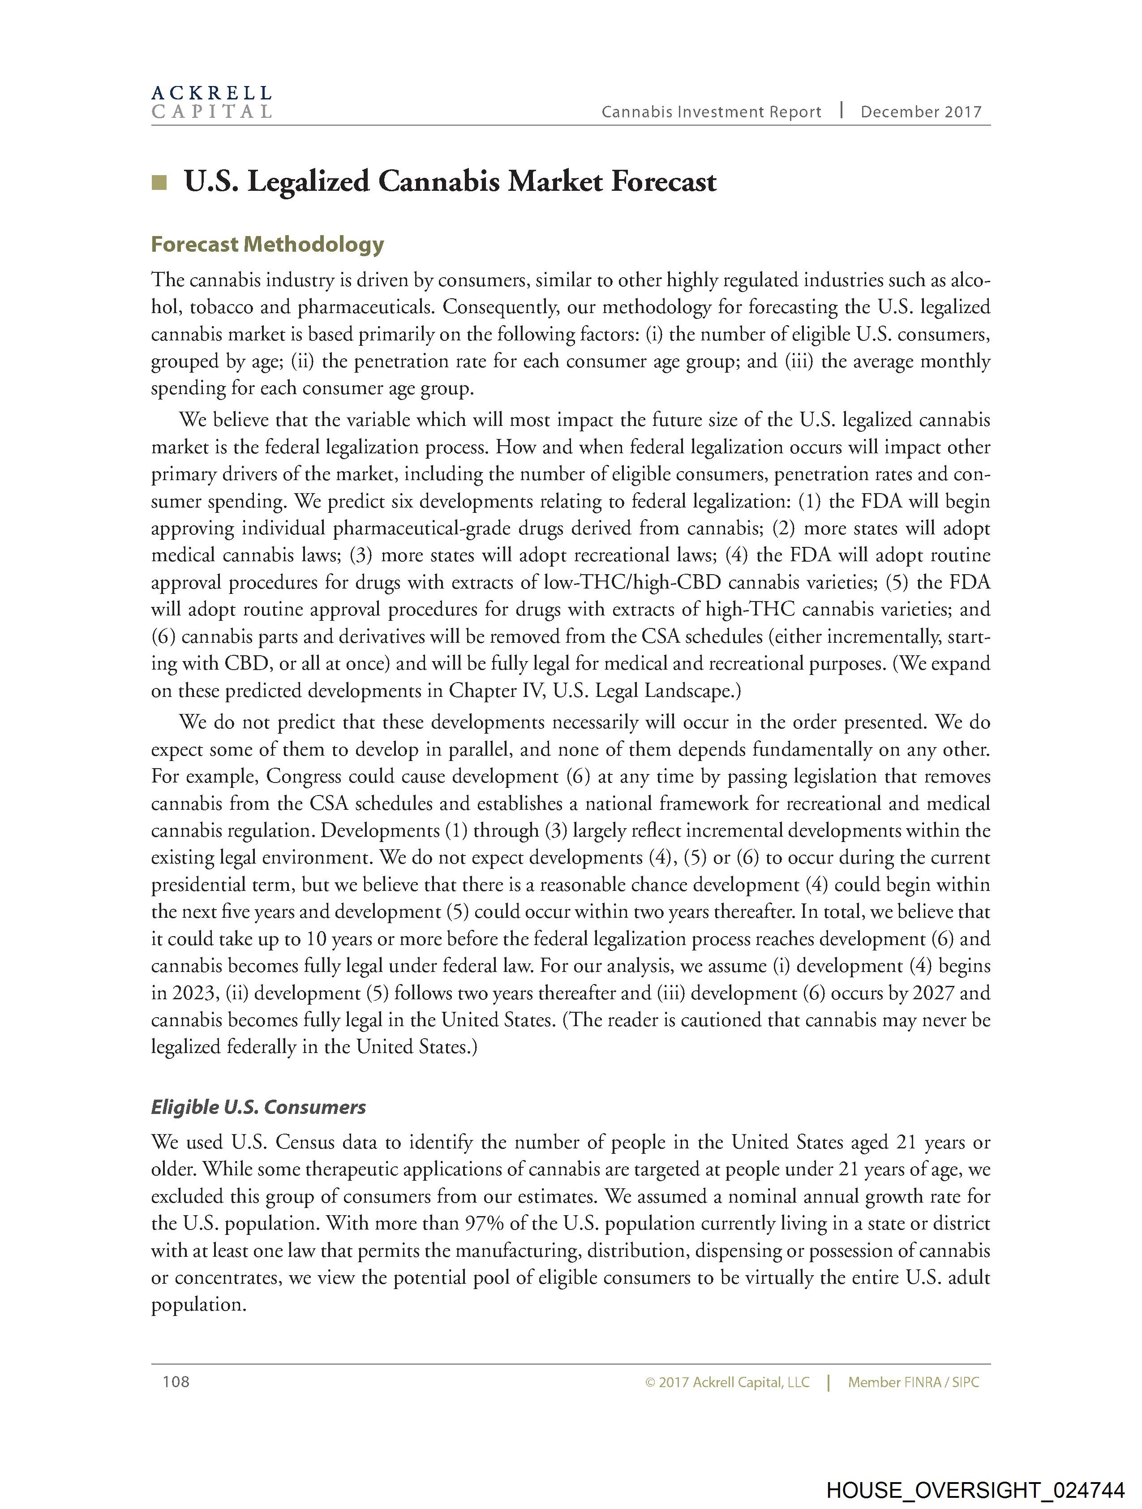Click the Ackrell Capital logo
coord(211,102)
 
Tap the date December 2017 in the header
coord(920,112)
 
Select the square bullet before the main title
coord(159,182)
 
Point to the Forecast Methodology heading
coord(267,244)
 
